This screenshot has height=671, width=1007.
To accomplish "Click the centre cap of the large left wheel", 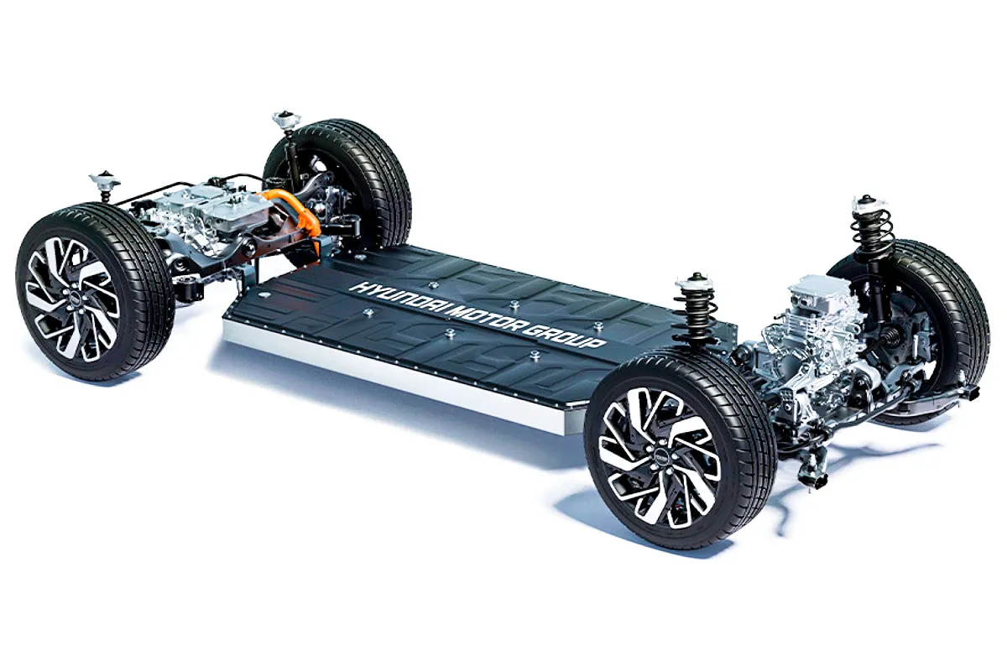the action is tap(73, 296).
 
